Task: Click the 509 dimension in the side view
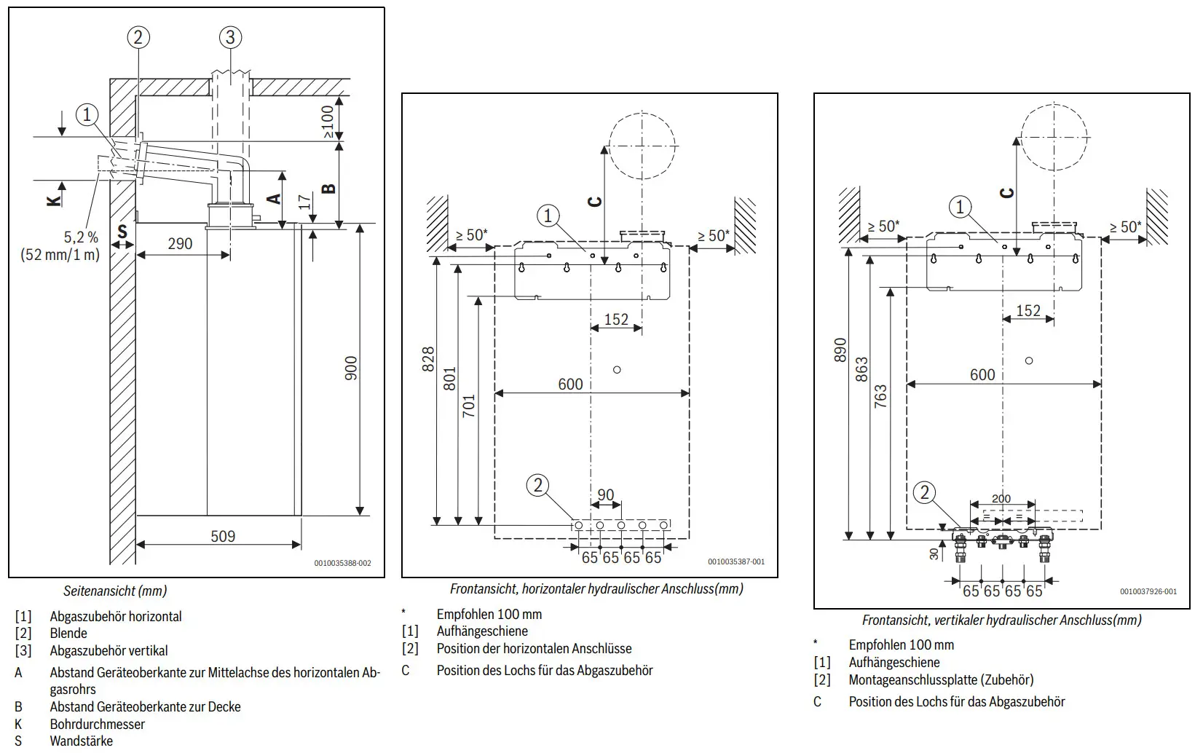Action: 223,536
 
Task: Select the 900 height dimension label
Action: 351,368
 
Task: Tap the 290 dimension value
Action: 180,244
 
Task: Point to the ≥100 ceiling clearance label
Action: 328,122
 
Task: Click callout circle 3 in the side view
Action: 230,38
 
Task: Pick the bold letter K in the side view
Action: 54,201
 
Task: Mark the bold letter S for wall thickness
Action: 122,232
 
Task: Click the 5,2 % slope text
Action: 81,237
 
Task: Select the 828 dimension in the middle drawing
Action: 428,359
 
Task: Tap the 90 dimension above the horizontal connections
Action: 606,494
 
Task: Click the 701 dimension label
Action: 469,406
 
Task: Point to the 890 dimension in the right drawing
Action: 840,350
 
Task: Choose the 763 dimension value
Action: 881,396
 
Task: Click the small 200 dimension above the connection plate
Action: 1001,498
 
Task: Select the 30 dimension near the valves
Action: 934,553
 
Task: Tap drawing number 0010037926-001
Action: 1148,591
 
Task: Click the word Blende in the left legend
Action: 68,634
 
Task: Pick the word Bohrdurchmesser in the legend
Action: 97,724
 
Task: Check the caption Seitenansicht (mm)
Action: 115,591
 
